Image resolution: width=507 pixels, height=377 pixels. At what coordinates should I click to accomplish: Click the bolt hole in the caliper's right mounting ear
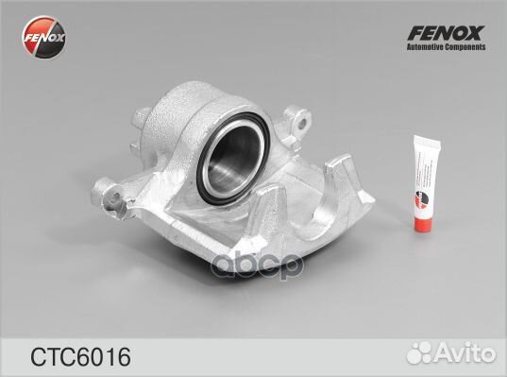[x=304, y=122]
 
